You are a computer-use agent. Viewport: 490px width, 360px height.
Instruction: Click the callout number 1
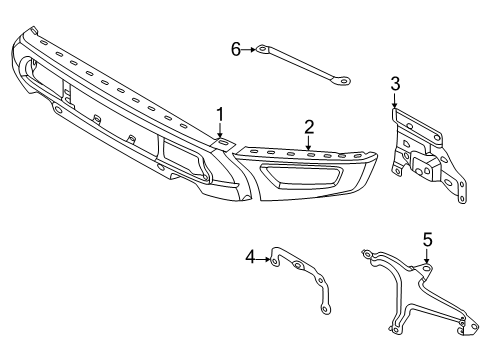pyautogui.click(x=220, y=114)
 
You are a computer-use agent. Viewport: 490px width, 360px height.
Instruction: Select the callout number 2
pyautogui.click(x=309, y=127)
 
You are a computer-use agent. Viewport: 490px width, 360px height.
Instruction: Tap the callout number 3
pyautogui.click(x=395, y=84)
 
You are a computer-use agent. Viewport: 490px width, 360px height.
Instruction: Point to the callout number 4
pyautogui.click(x=251, y=257)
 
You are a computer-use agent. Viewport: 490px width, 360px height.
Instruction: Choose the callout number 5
pyautogui.click(x=427, y=240)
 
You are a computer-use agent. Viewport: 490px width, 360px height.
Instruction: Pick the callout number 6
pyautogui.click(x=236, y=50)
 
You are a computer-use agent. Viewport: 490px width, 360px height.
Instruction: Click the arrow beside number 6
pyautogui.click(x=249, y=50)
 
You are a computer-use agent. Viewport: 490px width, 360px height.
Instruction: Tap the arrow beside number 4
pyautogui.click(x=263, y=259)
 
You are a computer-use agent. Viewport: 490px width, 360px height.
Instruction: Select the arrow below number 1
pyautogui.click(x=220, y=130)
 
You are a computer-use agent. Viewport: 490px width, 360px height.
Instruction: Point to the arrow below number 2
pyautogui.click(x=309, y=143)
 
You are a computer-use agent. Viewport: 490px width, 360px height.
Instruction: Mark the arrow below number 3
pyautogui.click(x=395, y=100)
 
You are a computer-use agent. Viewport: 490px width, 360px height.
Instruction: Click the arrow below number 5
pyautogui.click(x=427, y=256)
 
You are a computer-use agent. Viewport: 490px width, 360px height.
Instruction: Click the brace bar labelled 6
pyautogui.click(x=303, y=66)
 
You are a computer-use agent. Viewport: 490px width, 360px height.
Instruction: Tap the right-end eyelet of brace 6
pyautogui.click(x=343, y=81)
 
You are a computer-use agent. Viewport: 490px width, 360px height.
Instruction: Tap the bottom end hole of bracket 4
pyautogui.click(x=324, y=309)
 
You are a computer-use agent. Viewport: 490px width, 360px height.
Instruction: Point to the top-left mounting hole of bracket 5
pyautogui.click(x=367, y=255)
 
